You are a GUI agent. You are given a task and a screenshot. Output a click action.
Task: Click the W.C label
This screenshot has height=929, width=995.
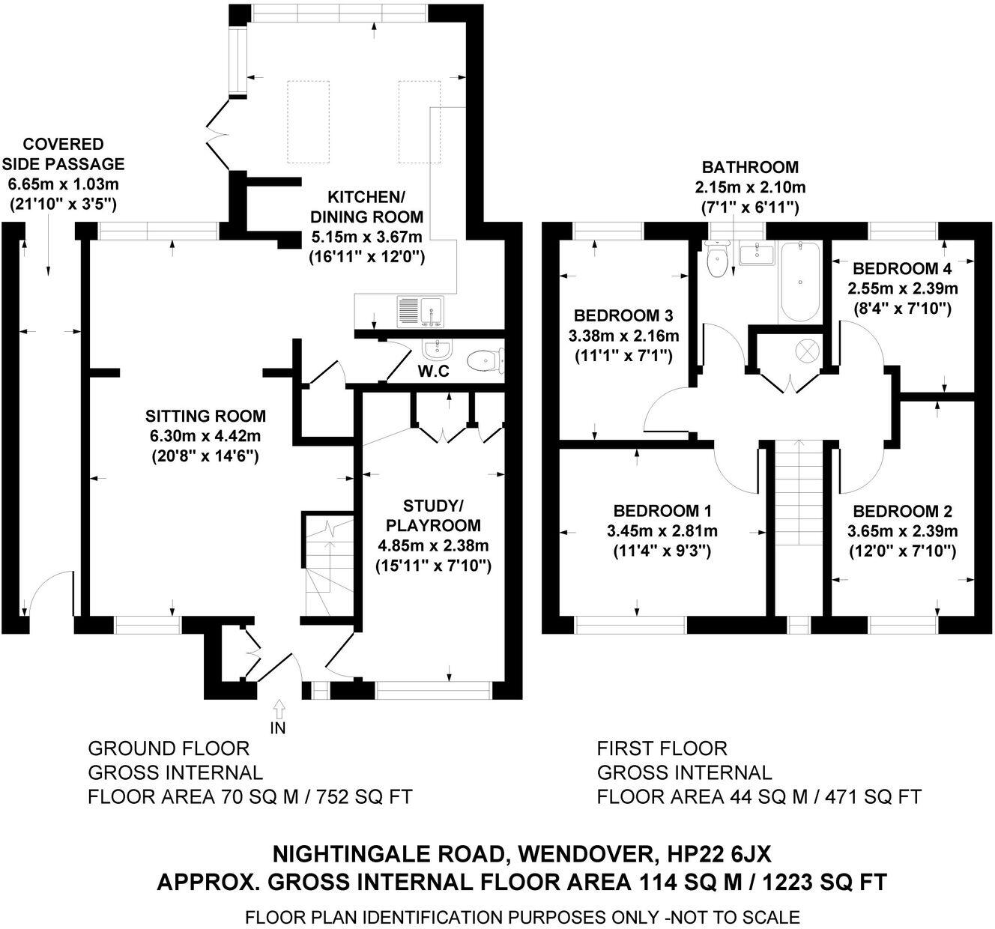tap(434, 371)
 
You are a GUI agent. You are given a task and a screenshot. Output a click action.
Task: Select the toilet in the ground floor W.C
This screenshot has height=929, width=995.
tap(483, 360)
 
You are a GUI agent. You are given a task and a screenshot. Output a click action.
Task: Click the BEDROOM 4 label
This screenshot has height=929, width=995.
tap(896, 268)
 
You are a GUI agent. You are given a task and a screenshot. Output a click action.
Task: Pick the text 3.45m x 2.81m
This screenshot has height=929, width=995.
tap(662, 531)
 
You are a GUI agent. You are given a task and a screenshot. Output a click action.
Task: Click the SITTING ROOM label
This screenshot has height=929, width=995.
tap(205, 416)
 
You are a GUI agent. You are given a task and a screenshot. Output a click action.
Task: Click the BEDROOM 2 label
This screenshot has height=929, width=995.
tap(902, 512)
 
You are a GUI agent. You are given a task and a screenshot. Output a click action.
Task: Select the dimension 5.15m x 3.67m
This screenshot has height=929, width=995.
tap(366, 237)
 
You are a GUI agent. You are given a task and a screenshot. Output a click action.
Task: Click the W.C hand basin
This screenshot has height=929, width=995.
tap(435, 349)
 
